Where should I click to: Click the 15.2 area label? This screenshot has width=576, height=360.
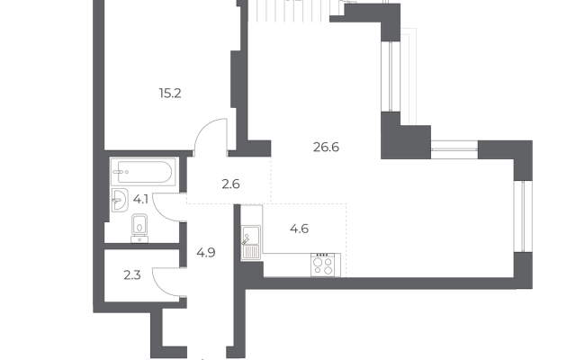[x=170, y=94]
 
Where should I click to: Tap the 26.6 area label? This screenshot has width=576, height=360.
[x=326, y=148]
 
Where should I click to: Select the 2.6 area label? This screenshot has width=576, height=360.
[x=230, y=184]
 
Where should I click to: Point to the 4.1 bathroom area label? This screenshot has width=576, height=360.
[x=140, y=200]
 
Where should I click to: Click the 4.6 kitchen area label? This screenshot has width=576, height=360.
[x=299, y=229]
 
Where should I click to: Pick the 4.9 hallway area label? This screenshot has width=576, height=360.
[x=206, y=253]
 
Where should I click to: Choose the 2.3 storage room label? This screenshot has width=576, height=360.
[x=132, y=274]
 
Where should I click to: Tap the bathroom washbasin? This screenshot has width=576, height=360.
[x=119, y=200]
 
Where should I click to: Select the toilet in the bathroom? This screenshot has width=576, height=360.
[x=139, y=228]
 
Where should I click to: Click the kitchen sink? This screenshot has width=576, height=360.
[x=251, y=242]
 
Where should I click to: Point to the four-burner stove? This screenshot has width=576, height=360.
[x=326, y=265]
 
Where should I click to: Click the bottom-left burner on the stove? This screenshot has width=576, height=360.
[x=318, y=270]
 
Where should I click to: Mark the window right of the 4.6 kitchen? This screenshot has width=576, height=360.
[x=523, y=216]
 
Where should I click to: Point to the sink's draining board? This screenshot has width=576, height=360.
[x=251, y=252]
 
